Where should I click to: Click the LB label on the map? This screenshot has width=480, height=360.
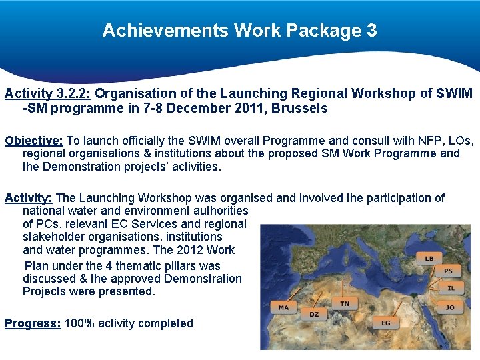coord(429,258)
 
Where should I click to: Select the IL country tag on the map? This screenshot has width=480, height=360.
coord(452,288)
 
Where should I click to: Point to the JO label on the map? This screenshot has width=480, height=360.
coord(450,307)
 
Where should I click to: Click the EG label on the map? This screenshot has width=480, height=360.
coord(386,323)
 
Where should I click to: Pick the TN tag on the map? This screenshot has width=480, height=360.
coord(344,303)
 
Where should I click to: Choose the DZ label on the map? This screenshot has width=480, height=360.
coord(313,314)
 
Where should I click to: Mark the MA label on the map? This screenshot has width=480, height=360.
coord(283,308)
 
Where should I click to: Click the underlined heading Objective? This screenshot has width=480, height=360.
coord(34,141)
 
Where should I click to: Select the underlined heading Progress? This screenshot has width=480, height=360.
coord(33,323)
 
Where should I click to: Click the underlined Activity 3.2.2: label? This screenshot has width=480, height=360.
coord(50,93)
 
